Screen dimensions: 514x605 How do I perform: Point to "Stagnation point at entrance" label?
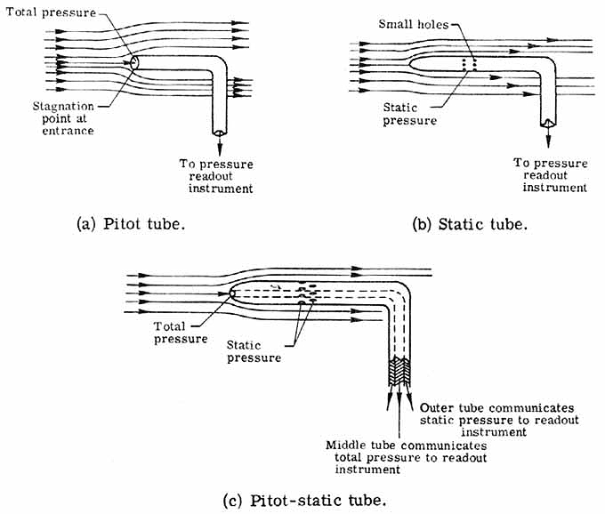tap(58, 119)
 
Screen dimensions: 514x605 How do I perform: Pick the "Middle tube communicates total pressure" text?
tap(393, 451)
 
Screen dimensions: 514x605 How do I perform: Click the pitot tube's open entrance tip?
tap(134, 62)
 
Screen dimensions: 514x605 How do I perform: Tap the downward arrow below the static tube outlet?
tap(549, 138)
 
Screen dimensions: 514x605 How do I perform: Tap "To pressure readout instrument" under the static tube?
tap(551, 174)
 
